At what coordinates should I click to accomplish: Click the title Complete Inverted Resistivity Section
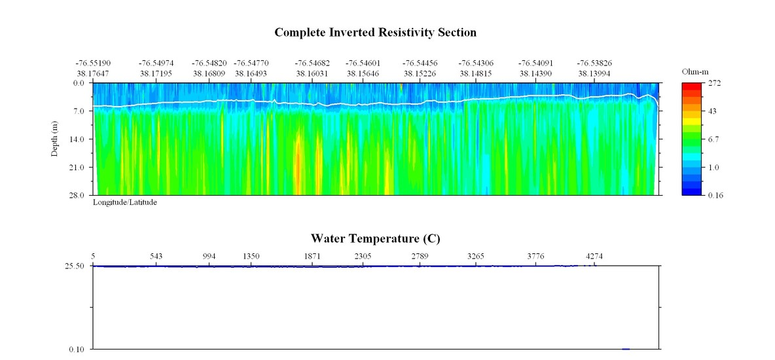375,32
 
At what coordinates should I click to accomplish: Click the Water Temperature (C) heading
375,238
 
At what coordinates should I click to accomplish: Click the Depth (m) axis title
56,139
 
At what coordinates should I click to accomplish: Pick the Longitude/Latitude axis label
125,203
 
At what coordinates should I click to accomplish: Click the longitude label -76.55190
93,63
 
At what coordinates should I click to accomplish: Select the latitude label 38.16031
312,73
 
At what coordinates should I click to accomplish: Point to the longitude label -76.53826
594,63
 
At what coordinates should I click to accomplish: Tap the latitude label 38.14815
476,73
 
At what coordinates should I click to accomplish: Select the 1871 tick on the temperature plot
312,256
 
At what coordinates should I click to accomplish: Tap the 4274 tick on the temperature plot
594,256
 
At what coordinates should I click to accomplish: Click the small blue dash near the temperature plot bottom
626,349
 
